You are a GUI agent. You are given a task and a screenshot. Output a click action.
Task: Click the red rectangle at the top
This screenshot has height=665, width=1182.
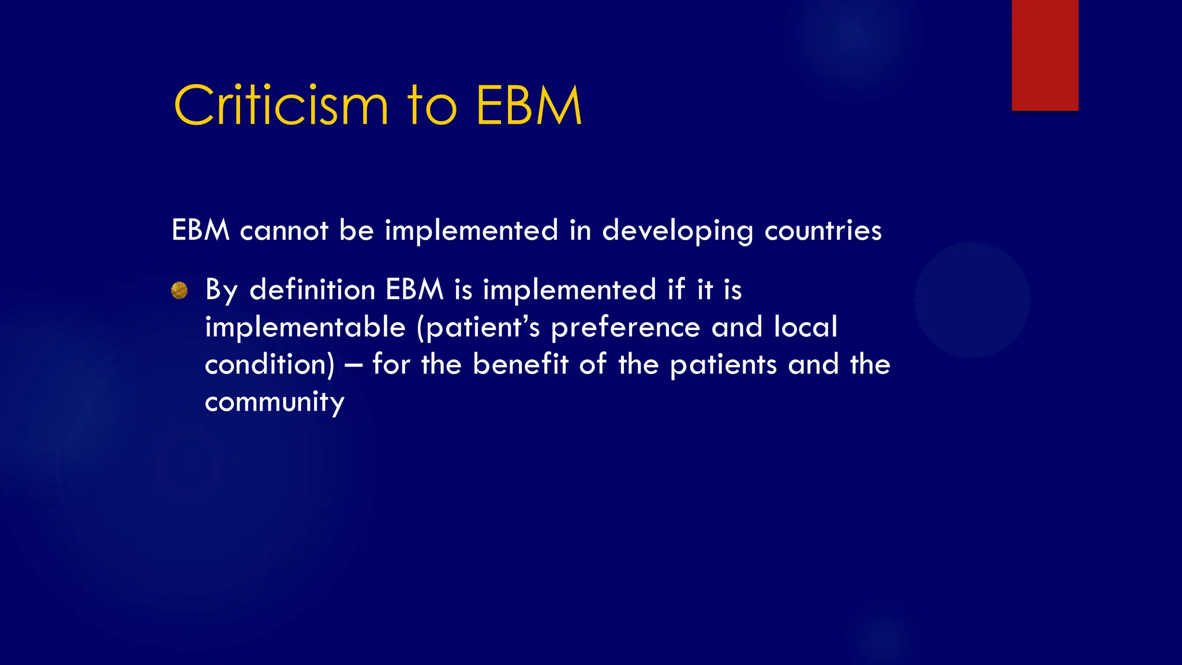[x=1045, y=55]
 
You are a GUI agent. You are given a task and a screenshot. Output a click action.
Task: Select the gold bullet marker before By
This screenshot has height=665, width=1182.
[x=179, y=290]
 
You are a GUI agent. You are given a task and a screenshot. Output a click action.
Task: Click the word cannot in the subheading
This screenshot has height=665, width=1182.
[x=284, y=230]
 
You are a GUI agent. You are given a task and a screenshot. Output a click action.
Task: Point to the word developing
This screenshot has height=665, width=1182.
[x=678, y=231]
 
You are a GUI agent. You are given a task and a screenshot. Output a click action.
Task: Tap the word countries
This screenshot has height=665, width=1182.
[x=823, y=230]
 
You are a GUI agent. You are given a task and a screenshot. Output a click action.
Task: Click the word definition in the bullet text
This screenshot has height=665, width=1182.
[x=312, y=289]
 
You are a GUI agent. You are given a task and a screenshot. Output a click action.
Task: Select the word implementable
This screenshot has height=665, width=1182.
[x=305, y=327]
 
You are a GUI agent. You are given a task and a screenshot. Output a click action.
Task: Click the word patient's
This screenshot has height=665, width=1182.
[x=478, y=327]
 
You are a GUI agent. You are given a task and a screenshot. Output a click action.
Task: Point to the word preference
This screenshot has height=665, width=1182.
[x=626, y=327]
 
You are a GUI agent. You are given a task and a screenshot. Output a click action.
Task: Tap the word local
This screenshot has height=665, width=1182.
[x=805, y=327]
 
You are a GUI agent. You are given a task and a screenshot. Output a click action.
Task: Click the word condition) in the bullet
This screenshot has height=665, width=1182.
[x=270, y=365]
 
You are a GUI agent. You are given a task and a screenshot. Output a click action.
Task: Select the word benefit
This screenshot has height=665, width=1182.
[x=521, y=364]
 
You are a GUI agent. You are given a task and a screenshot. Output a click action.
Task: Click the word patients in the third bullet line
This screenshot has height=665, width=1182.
[x=724, y=365]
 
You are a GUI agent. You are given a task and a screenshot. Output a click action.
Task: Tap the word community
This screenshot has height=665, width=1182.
[x=275, y=402]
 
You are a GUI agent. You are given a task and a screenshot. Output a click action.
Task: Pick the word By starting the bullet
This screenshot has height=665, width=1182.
[x=221, y=290]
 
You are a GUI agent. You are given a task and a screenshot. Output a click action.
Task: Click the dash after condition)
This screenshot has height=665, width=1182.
[x=353, y=365]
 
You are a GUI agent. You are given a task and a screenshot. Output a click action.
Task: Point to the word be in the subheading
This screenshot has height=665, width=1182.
[x=356, y=230]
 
